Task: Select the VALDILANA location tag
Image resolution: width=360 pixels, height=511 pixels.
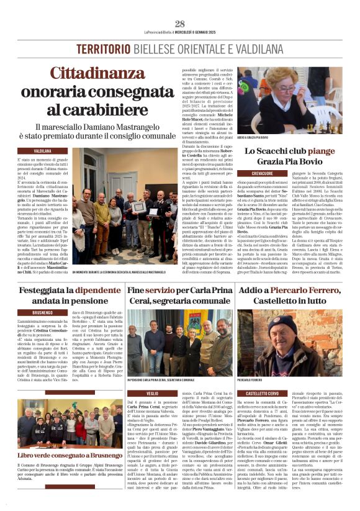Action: [x=42, y=151]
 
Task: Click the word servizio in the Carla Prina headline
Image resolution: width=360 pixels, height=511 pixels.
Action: [x=156, y=289]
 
